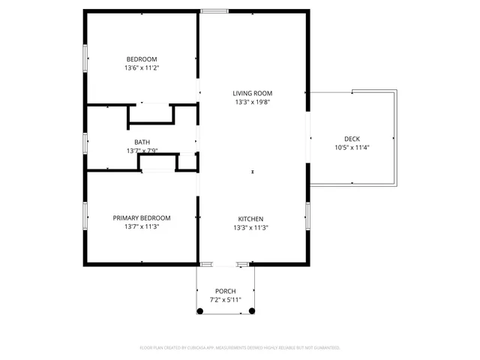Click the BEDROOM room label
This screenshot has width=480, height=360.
pos(142,59)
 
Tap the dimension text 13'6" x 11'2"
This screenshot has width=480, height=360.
pos(142,67)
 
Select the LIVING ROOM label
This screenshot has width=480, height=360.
pos(252,93)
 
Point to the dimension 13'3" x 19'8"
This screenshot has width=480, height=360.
pos(252,102)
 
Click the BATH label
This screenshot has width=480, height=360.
pos(142,142)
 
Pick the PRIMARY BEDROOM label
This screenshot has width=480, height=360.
pos(142,218)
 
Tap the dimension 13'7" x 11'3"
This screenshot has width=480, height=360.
pos(142,226)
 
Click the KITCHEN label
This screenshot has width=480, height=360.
pos(251,219)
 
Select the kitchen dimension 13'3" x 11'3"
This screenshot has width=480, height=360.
pos(251,227)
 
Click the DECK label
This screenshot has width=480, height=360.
pos(352,139)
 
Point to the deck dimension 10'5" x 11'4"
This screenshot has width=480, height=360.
pos(352,147)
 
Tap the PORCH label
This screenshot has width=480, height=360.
pos(226,291)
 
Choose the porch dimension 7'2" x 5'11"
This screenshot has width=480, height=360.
pos(226,299)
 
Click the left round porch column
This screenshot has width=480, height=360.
pos(199,310)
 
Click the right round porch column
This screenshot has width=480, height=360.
pos(252,310)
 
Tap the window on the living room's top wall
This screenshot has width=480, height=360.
pos(214,11)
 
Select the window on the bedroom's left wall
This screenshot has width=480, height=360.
pos(85,55)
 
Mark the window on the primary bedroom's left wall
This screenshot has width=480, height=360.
pos(85,214)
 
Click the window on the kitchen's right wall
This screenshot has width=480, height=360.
pos(307,215)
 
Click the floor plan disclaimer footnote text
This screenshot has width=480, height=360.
pos(240,348)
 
